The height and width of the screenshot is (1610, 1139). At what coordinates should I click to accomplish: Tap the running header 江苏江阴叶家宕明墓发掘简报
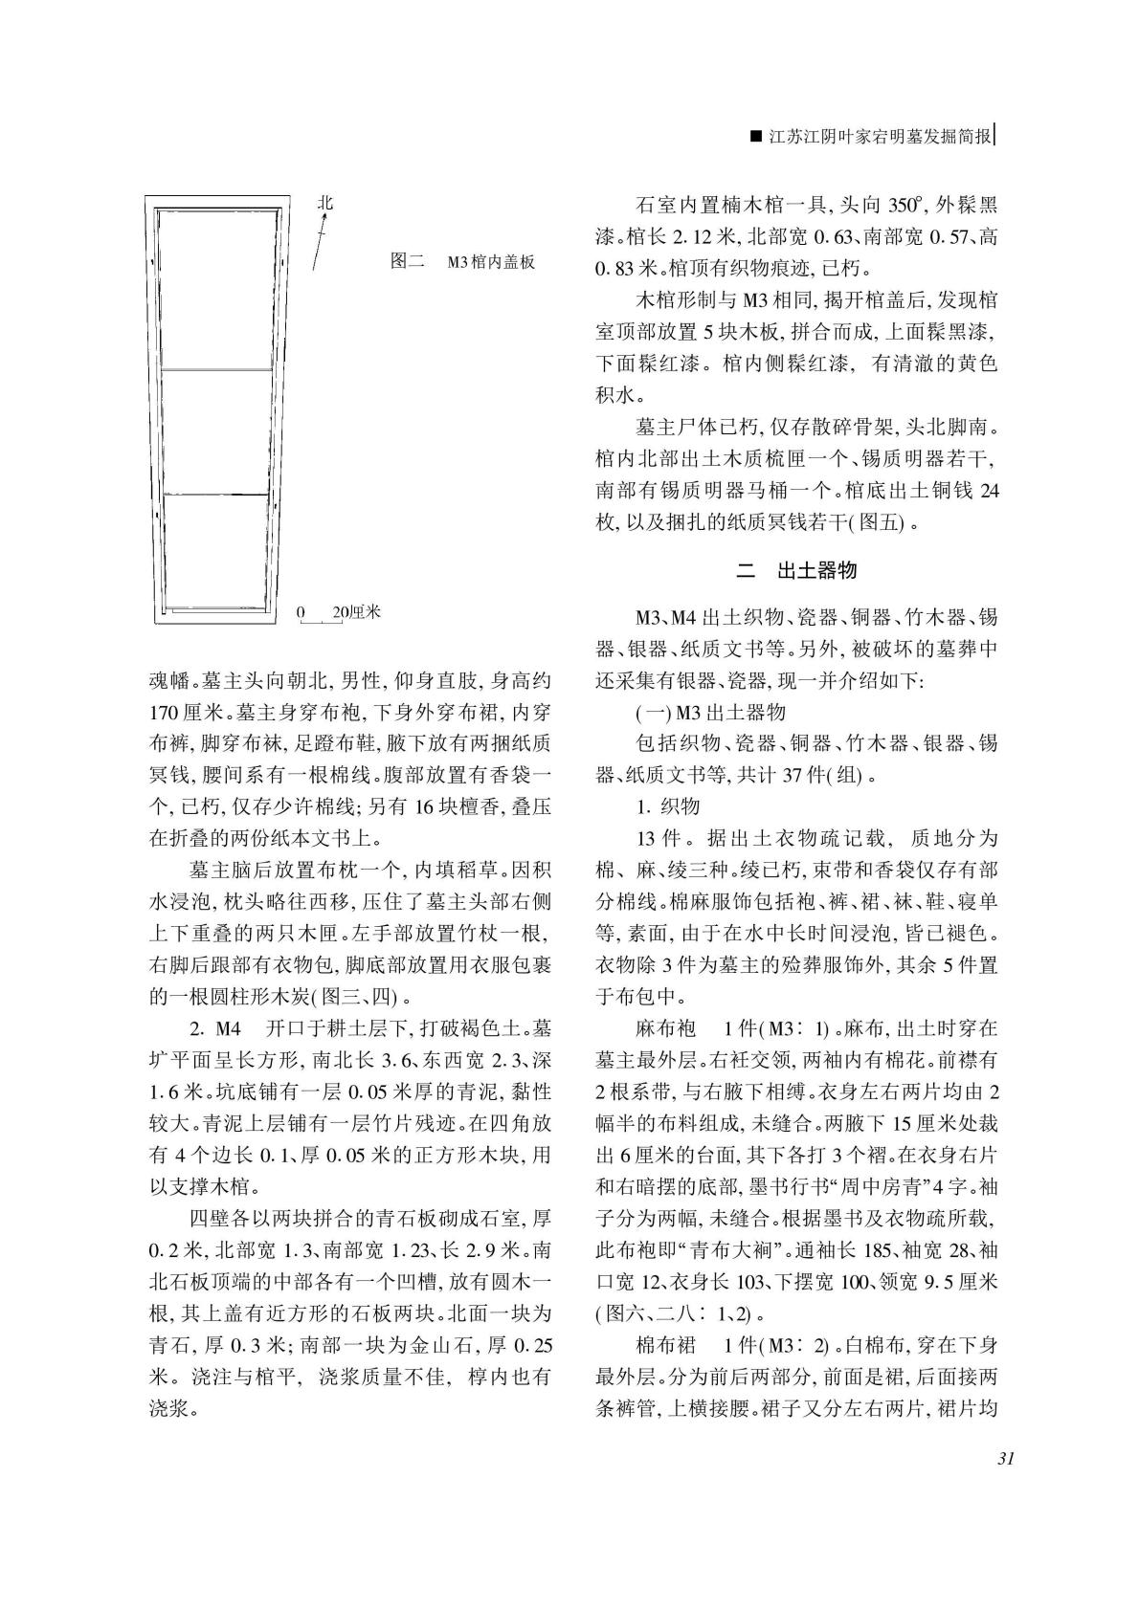882,137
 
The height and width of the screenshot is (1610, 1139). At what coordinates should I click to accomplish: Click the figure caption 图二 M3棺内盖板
462,261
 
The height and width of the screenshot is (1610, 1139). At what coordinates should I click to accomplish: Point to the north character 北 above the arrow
325,203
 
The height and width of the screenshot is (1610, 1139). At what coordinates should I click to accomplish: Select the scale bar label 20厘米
357,611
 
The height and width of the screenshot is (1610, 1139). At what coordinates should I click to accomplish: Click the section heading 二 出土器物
796,571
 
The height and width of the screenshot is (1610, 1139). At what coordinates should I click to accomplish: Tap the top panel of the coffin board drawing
214,290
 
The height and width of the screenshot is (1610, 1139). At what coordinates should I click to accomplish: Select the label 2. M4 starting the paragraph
215,1029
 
